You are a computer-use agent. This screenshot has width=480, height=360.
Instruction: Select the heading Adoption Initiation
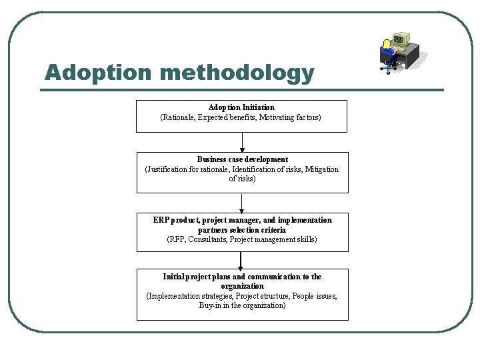click(241, 107)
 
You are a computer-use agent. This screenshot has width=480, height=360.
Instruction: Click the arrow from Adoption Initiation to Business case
click(242, 143)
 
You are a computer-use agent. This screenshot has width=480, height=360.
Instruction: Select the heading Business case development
click(242, 159)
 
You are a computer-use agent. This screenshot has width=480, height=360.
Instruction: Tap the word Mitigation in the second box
click(322, 169)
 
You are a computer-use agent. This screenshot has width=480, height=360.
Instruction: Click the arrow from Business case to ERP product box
click(242, 203)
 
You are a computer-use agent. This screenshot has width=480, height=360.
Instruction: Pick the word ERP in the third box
click(161, 220)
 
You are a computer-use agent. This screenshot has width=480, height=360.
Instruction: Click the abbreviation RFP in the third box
click(177, 239)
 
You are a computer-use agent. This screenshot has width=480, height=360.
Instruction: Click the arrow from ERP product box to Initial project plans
click(241, 260)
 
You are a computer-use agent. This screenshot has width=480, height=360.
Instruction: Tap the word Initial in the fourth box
click(174, 277)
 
